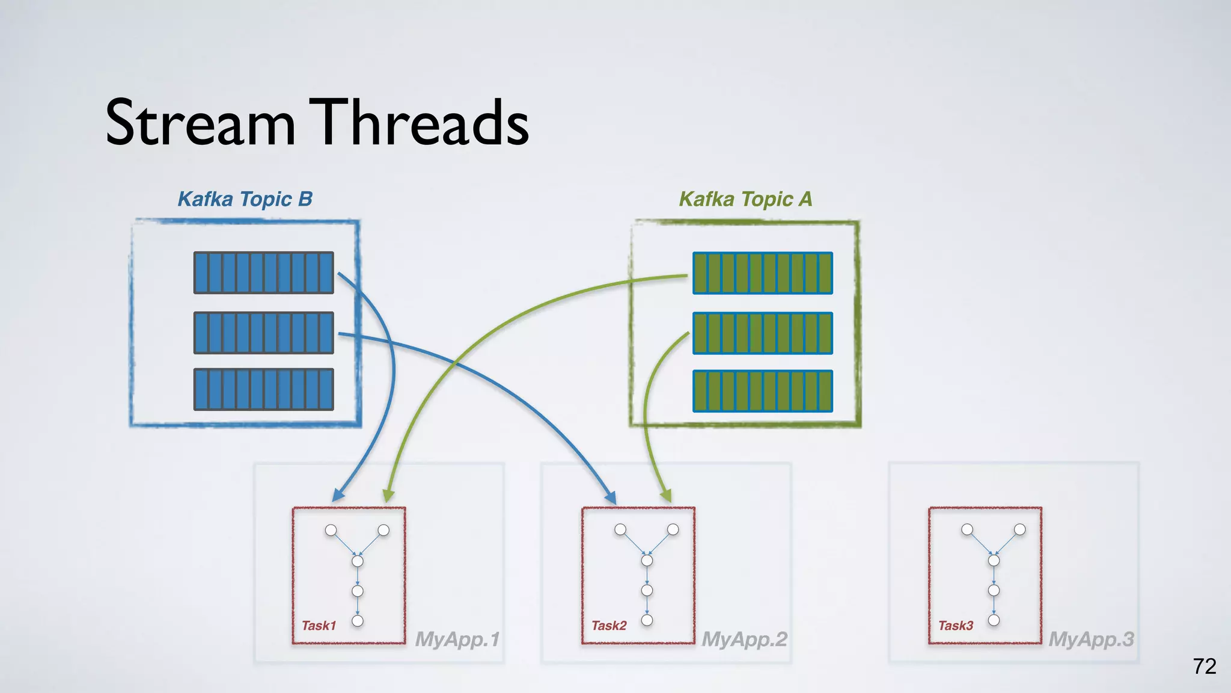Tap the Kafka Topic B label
click(x=245, y=199)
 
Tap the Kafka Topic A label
click(x=745, y=199)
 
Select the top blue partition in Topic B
click(x=263, y=273)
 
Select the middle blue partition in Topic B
click(x=263, y=333)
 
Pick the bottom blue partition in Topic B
click(x=263, y=390)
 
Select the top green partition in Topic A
click(x=763, y=273)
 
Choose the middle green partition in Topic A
click(x=763, y=333)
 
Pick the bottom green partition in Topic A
click(x=763, y=391)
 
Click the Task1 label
click(x=319, y=626)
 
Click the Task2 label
click(x=609, y=626)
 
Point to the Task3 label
click(x=956, y=626)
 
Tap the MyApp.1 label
click(x=457, y=639)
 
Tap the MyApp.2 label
click(x=745, y=639)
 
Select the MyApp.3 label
click(x=1092, y=639)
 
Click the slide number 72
click(x=1205, y=667)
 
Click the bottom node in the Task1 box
click(x=358, y=621)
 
